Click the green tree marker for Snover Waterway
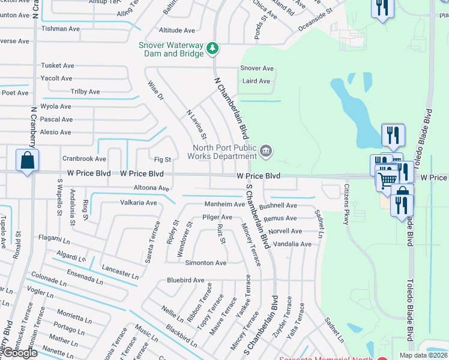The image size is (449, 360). click(x=212, y=48)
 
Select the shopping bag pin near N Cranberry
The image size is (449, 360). click(x=27, y=161)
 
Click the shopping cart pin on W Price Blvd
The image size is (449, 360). click(x=388, y=178)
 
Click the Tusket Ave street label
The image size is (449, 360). click(x=57, y=65)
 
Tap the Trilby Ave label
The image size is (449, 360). click(x=85, y=92)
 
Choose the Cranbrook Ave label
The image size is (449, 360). click(x=84, y=159)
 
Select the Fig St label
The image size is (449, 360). click(x=163, y=160)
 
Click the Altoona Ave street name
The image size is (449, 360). click(x=151, y=188)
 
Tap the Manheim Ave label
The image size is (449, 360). click(x=224, y=204)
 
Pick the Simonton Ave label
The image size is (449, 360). click(x=205, y=263)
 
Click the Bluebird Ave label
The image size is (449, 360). click(x=185, y=280)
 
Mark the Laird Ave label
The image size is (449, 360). click(x=256, y=81)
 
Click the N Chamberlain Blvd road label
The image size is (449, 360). click(x=231, y=108)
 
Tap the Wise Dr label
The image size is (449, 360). click(x=155, y=91)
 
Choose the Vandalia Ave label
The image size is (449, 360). click(x=292, y=244)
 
